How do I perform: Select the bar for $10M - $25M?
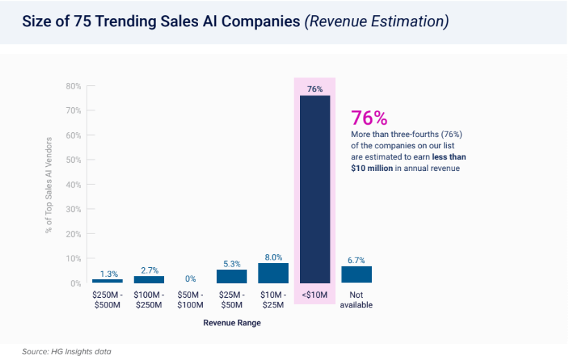coord(273,273)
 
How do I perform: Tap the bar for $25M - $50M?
coord(231,276)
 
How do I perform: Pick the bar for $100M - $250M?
coord(149,279)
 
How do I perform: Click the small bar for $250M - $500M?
coord(107,280)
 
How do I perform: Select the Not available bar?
coord(356,275)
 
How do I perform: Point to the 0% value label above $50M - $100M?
coord(190,278)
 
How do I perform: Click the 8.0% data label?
coord(273,256)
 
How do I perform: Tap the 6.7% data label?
coord(356,260)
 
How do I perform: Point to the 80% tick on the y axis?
coord(73,87)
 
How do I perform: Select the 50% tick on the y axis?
coord(73,160)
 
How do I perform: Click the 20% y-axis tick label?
coord(73,234)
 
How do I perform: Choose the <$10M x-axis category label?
coord(314,296)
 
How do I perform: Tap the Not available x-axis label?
coord(356,300)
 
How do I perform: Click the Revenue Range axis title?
coord(231,323)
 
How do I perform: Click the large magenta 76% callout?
coord(369,118)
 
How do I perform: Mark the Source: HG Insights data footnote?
coord(66,352)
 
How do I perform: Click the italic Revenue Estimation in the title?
coord(376,21)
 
